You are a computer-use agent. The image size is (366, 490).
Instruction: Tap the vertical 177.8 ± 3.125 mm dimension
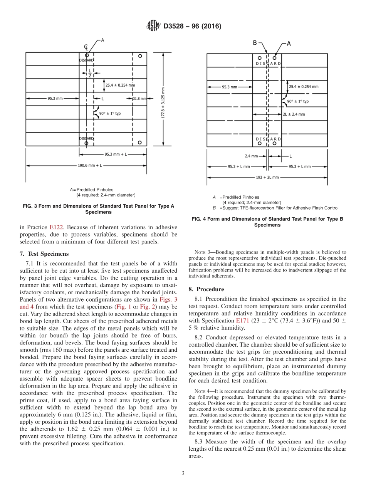point(163,99)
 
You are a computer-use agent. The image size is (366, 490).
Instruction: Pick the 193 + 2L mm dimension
point(267,178)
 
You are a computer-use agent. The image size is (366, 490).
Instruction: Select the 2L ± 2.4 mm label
point(294,114)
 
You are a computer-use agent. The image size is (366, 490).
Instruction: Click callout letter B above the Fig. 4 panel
point(255,43)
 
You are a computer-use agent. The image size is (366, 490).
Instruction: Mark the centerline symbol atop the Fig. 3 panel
point(86,47)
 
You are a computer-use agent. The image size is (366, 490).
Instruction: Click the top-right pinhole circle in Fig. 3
point(140,56)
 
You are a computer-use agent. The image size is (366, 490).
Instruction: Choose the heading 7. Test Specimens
point(44,254)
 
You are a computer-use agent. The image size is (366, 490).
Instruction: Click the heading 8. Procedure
point(206,289)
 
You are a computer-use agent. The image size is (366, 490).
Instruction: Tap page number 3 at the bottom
point(183,473)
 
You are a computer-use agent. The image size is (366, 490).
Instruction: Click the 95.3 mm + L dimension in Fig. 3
point(115,154)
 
